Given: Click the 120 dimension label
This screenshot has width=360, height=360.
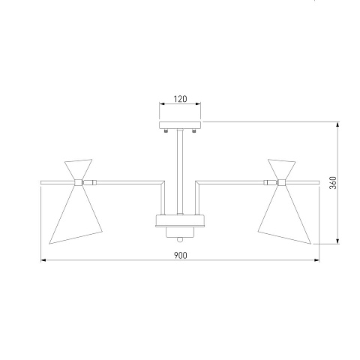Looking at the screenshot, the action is click(x=180, y=99).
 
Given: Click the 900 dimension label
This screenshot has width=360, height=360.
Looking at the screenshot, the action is click(x=180, y=256).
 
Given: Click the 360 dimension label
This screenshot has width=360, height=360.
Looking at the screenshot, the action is click(x=333, y=183).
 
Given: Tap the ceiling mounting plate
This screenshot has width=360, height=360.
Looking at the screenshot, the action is click(x=180, y=125).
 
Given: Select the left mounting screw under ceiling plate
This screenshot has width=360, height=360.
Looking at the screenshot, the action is click(x=166, y=130).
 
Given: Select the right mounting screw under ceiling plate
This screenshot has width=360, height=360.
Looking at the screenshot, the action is click(x=194, y=130).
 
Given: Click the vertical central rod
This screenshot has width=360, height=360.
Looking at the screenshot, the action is click(x=180, y=172).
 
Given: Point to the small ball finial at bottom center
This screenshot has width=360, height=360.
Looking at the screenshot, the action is click(x=180, y=240).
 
